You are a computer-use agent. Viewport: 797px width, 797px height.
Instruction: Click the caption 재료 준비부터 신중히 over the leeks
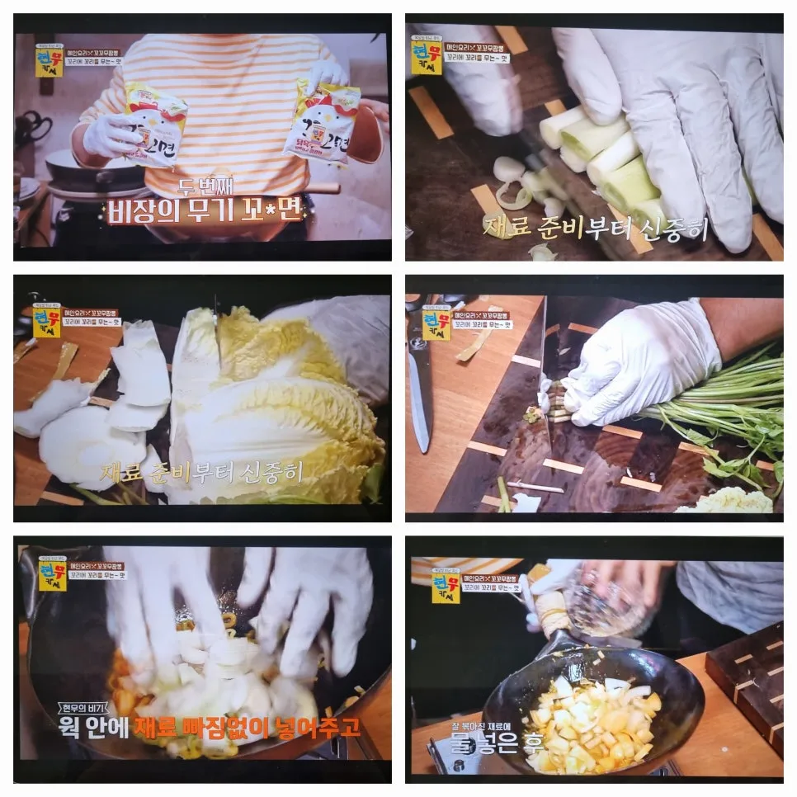pyautogui.click(x=595, y=228)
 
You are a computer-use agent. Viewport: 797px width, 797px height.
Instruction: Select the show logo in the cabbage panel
pyautogui.click(x=47, y=320)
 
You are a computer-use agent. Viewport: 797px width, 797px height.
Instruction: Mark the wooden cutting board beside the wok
pyautogui.click(x=747, y=681)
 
